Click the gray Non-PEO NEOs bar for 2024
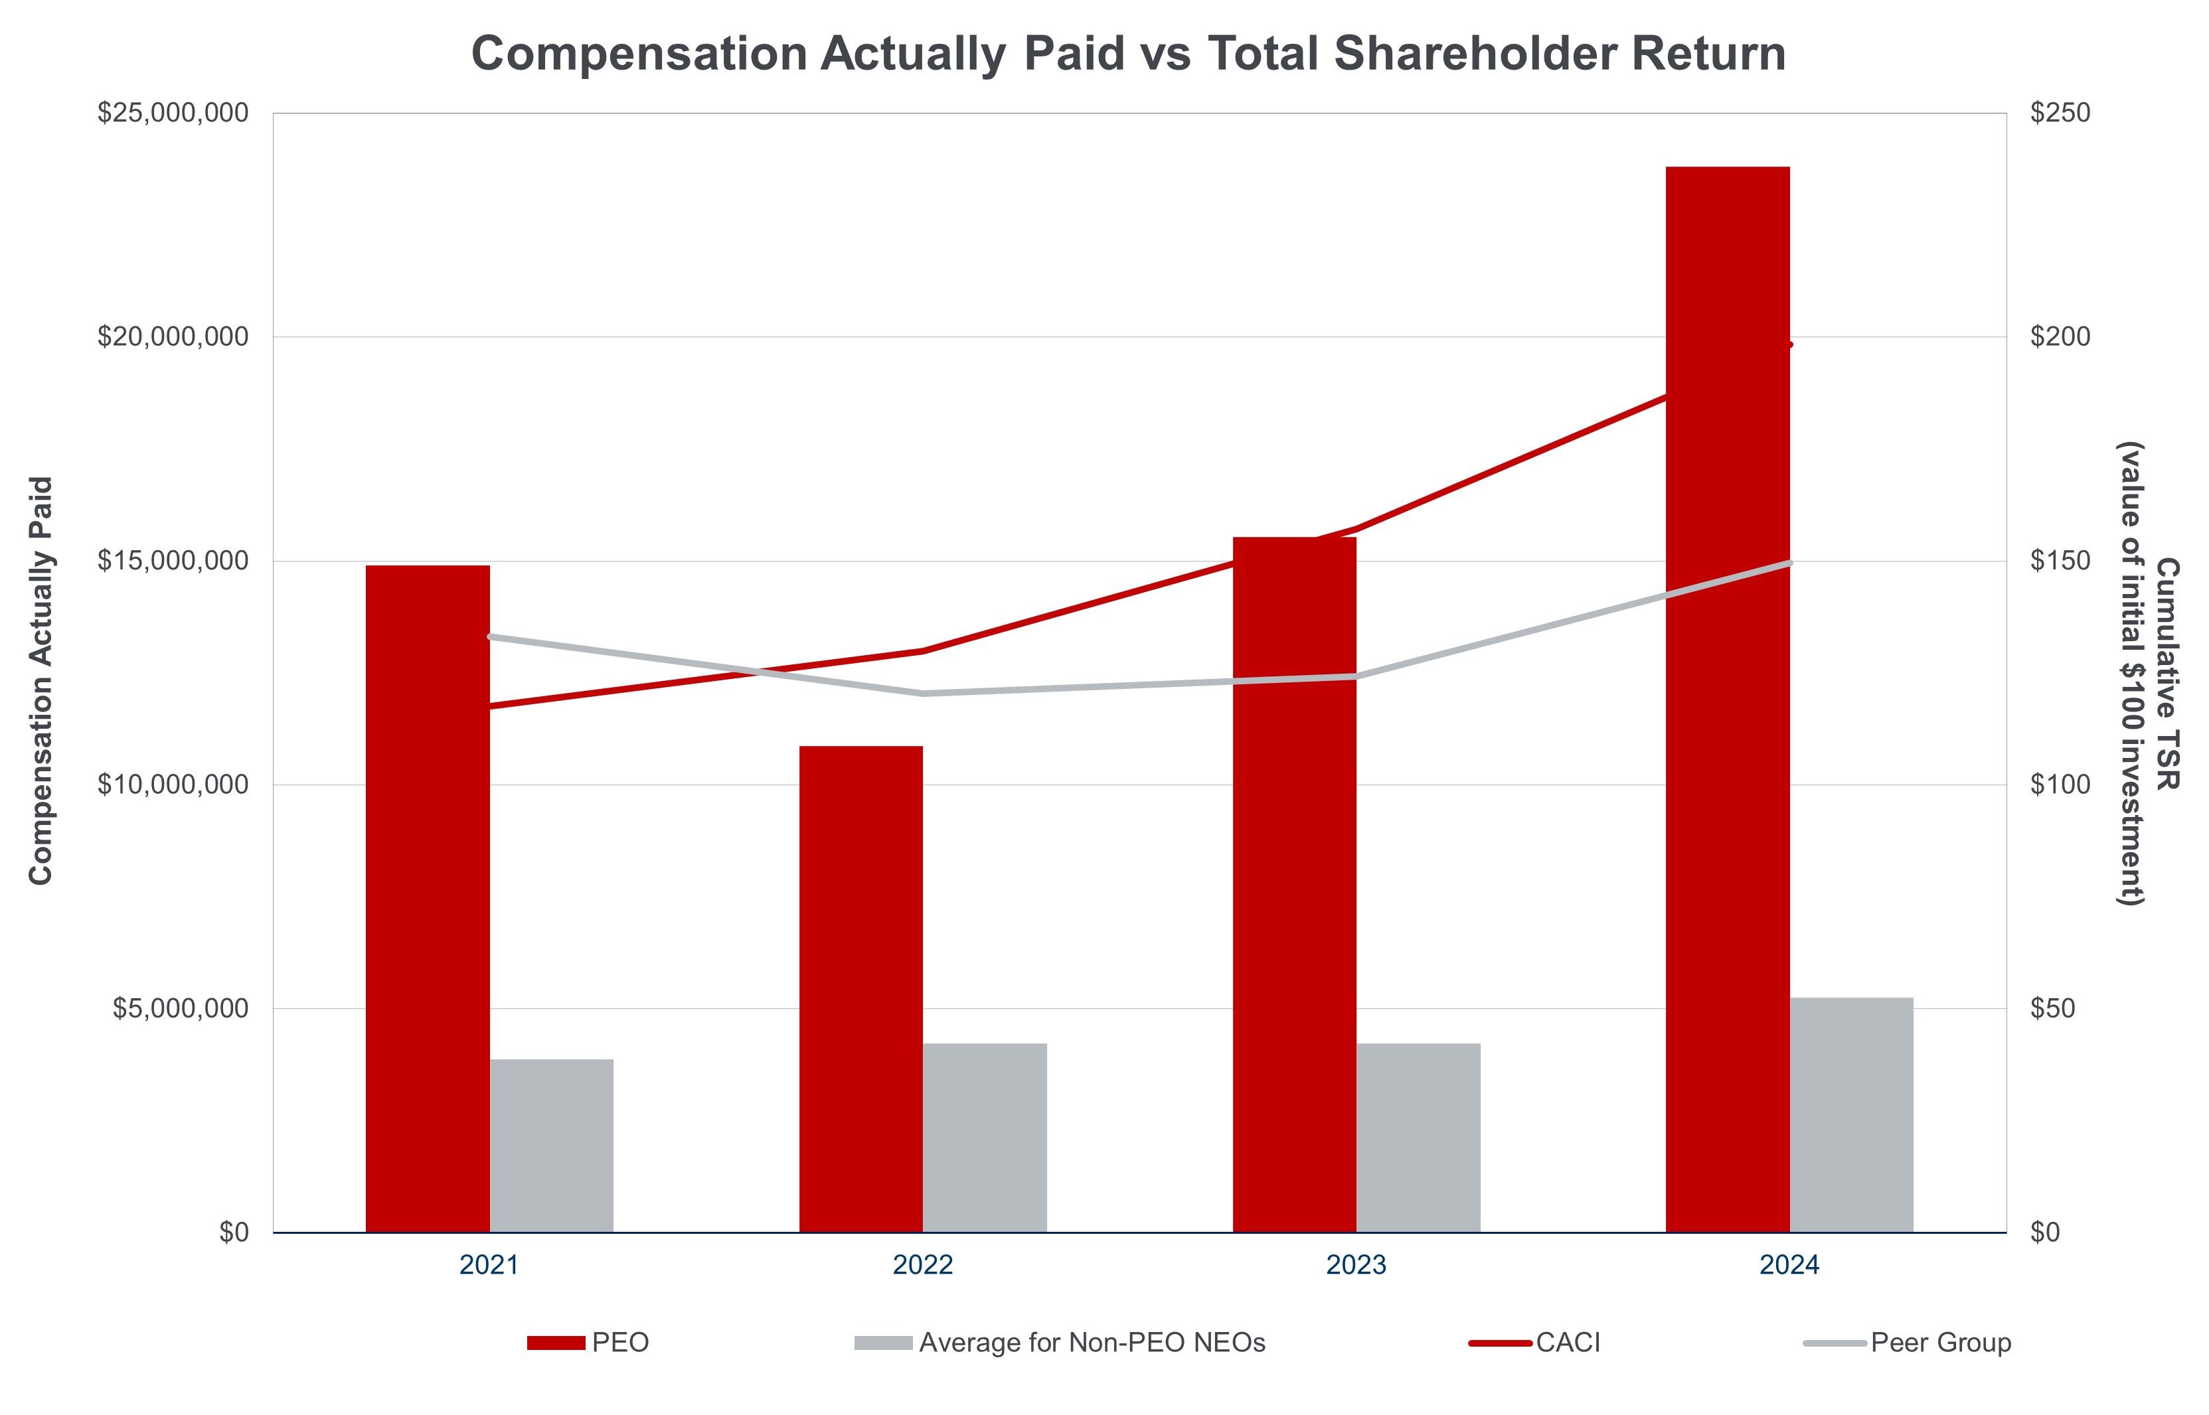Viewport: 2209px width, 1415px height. coord(1851,1116)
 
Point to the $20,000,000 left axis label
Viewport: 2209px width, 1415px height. coord(173,337)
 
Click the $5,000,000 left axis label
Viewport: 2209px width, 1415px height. coord(180,1009)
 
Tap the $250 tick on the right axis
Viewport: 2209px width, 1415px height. coord(2060,113)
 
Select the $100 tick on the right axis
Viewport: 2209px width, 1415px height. coord(2060,784)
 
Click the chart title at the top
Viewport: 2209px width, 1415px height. coord(1128,53)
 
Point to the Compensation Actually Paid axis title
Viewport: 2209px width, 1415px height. coord(41,680)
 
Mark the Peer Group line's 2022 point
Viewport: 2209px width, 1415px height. coord(923,694)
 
